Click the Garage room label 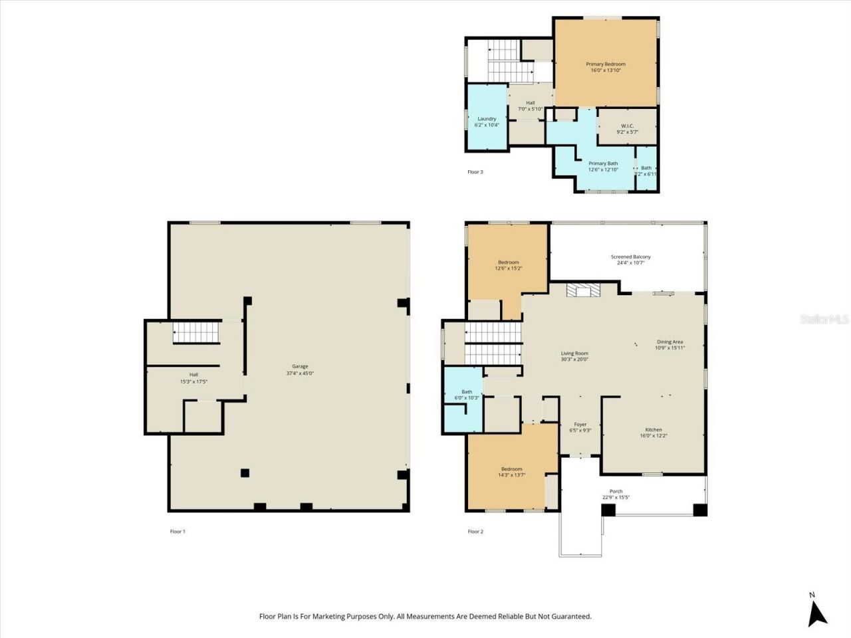point(300,370)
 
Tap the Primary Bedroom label point(605,66)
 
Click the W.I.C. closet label point(627,128)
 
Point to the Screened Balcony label point(630,259)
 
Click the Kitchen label point(653,433)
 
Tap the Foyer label point(580,427)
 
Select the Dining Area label point(669,344)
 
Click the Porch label point(616,494)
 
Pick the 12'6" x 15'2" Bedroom point(508,265)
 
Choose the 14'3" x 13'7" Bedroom point(511,471)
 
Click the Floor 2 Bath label point(467,395)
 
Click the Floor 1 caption point(178,532)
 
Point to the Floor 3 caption point(475,172)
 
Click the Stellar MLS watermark point(824,320)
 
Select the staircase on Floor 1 point(196,332)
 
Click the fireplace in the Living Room point(583,290)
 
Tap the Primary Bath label point(603,166)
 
